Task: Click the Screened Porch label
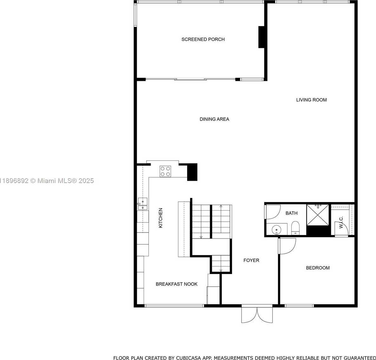(x=203, y=39)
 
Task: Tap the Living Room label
(x=311, y=100)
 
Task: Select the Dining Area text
(x=214, y=119)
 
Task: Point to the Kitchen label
(x=161, y=218)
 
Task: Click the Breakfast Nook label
(x=176, y=284)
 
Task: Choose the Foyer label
(x=251, y=260)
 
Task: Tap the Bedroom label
(x=318, y=268)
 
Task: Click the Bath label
(x=291, y=213)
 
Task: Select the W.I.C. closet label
(x=341, y=222)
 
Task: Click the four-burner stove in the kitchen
(x=165, y=171)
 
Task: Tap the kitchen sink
(x=142, y=204)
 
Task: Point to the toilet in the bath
(x=295, y=228)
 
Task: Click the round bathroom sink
(x=276, y=230)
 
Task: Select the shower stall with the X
(x=318, y=215)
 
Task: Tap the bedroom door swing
(x=287, y=246)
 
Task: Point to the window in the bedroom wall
(x=299, y=305)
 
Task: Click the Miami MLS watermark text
(x=47, y=181)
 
